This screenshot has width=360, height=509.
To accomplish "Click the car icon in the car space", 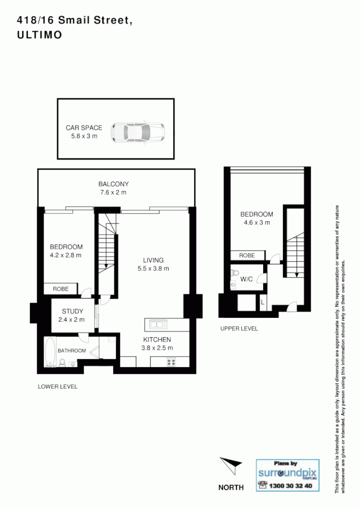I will point(138,132).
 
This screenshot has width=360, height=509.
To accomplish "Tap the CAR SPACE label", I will point(84,128).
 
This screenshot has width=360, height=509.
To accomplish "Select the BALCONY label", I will point(113,184).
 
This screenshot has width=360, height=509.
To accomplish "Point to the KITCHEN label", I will point(153,339).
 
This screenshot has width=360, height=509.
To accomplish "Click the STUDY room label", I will point(73,311).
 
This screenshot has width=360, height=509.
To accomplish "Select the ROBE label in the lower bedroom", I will point(61,289).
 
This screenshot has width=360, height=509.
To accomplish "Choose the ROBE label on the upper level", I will point(247,256).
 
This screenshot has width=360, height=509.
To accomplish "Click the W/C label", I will point(247,279).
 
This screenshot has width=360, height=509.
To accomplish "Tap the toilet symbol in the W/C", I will point(235,274).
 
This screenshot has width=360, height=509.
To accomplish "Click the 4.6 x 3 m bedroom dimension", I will point(256,223).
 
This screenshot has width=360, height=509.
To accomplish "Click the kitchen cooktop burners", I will point(170,362).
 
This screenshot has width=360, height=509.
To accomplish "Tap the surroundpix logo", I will point(284,473).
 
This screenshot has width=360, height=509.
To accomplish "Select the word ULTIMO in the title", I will point(40,34).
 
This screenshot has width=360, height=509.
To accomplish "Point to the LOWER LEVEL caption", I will point(57,387).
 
